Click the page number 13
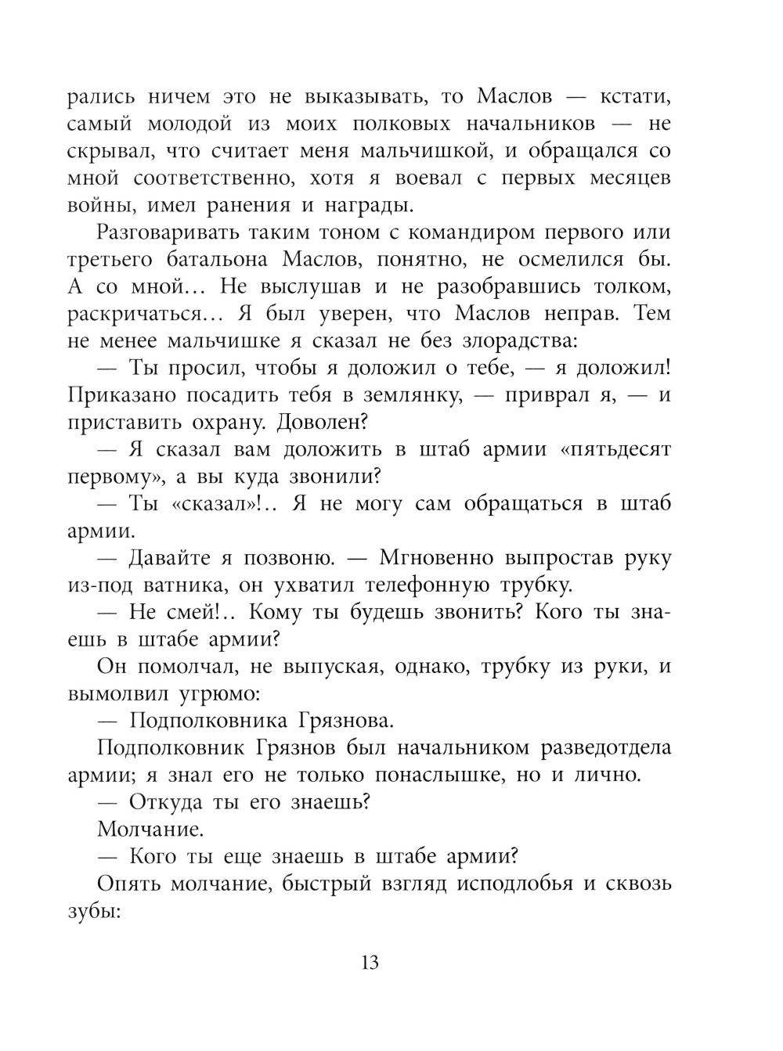click(370, 962)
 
